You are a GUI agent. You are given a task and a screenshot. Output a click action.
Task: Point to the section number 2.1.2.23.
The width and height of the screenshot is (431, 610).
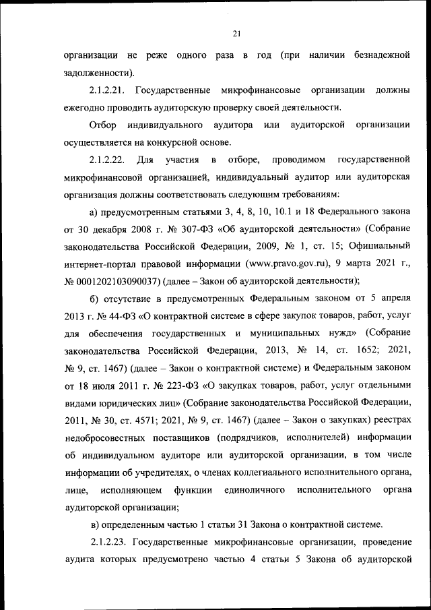pyautogui.click(x=109, y=541)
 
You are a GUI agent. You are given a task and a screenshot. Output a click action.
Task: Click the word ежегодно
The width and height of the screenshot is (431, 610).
pyautogui.click(x=86, y=107)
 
